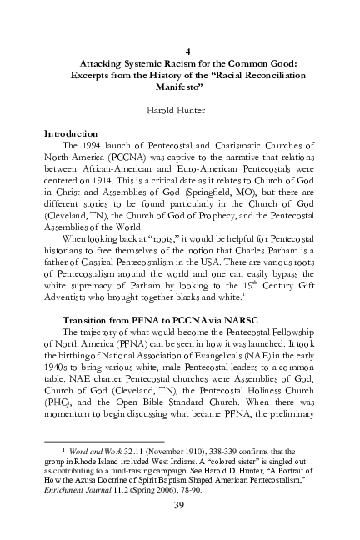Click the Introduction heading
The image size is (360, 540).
pos(71,133)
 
